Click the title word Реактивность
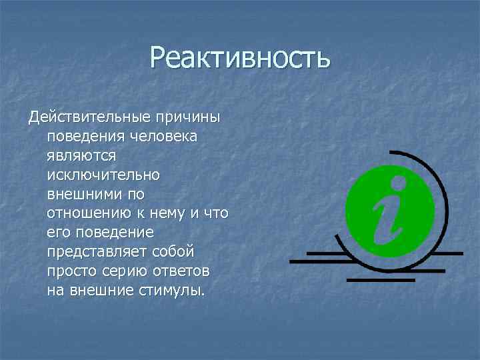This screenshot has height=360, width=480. point(240,57)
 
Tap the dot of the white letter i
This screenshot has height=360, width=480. point(399,181)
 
